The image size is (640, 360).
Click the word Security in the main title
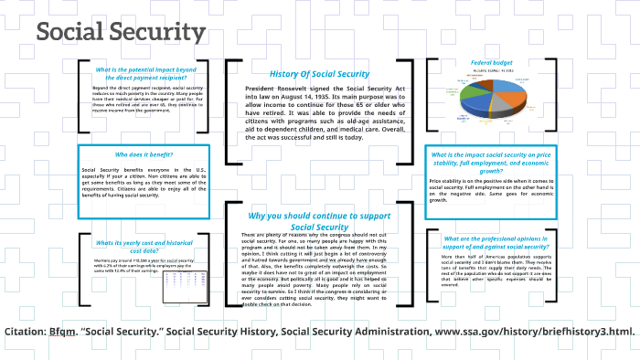157,33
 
